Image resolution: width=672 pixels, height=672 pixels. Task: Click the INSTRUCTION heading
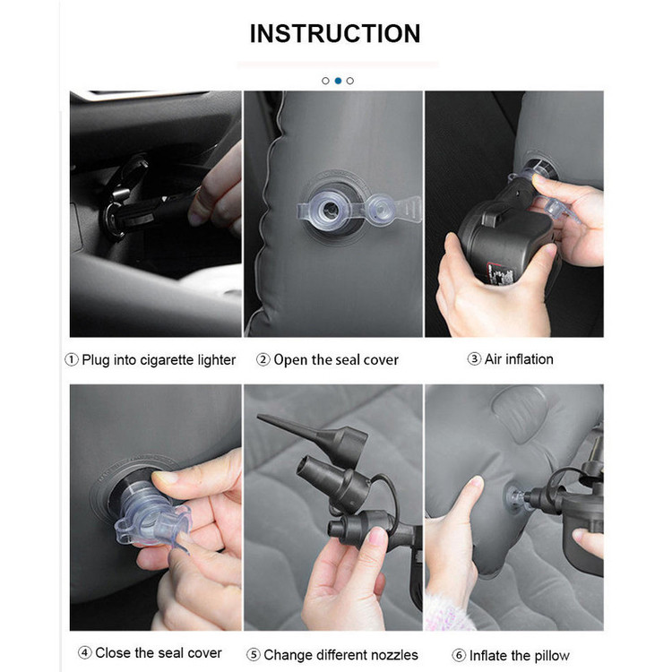click(x=335, y=33)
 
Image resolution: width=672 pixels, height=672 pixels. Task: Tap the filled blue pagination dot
click(x=338, y=81)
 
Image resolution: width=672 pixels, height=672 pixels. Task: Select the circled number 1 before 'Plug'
click(x=71, y=359)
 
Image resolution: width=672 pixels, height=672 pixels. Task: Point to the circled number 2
click(x=263, y=359)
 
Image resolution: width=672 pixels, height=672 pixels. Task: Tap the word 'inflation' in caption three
click(x=530, y=358)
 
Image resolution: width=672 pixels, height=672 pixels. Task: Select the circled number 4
click(x=85, y=652)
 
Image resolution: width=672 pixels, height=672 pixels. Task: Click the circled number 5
click(x=254, y=655)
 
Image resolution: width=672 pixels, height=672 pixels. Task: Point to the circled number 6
click(x=459, y=655)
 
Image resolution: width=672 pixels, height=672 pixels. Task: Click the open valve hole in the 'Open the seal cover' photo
click(x=330, y=210)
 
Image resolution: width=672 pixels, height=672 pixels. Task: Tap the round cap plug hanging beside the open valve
click(x=380, y=210)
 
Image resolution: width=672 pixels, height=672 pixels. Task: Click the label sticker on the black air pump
click(x=500, y=273)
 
